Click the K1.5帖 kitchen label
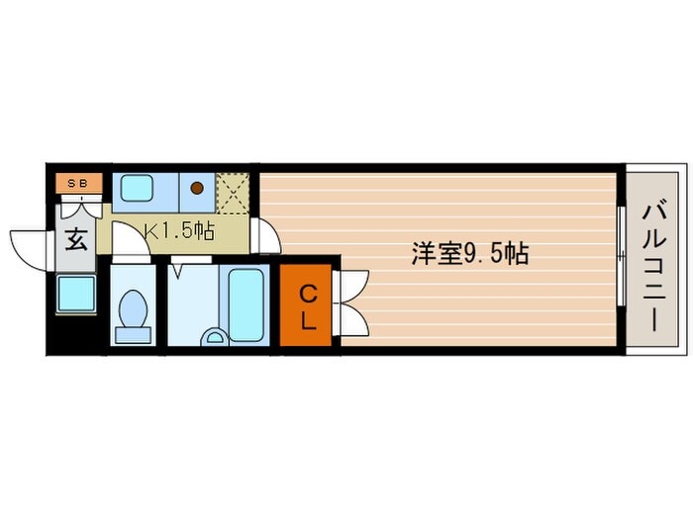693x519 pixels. click(179, 231)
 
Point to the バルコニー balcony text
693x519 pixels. click(652, 266)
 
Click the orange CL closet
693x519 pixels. click(308, 306)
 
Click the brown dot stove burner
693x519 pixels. click(196, 187)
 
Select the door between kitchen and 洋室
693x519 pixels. click(265, 234)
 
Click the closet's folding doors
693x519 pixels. click(350, 303)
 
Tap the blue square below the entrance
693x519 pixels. click(74, 294)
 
